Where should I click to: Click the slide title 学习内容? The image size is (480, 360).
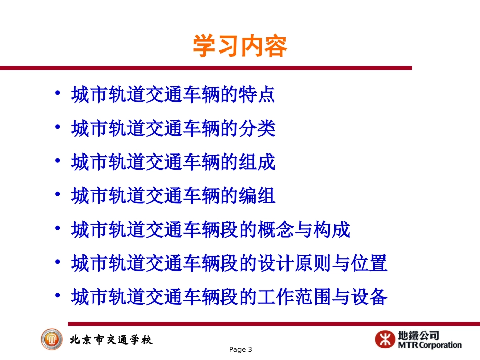point(239,47)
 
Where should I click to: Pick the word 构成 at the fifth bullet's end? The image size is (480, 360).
point(331,230)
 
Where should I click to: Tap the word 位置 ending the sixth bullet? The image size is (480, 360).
point(369,264)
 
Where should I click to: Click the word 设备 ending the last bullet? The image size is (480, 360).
point(369,297)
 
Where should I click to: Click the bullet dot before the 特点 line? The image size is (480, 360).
point(59,94)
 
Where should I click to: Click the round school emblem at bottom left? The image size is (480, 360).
point(52,339)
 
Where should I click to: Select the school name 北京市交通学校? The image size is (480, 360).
point(111,340)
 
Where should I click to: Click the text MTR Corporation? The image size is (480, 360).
point(430,346)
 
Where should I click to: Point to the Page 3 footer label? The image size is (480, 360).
point(240,350)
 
